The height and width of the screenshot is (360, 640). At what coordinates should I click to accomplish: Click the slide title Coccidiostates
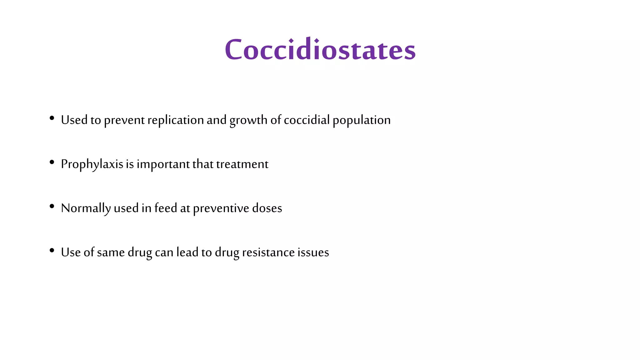pos(320,49)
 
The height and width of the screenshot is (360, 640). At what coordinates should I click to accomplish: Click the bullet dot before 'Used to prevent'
pos(52,118)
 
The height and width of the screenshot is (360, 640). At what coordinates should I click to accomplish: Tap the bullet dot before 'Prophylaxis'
pos(52,162)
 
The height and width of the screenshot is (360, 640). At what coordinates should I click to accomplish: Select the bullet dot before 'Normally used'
pos(52,206)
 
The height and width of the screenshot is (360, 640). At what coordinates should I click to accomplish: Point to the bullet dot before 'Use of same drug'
pos(52,250)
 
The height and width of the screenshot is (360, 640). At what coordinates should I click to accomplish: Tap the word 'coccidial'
pos(307,120)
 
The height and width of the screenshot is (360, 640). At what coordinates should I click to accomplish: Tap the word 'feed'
pos(166,208)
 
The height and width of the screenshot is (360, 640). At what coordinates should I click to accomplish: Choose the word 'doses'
pos(267,208)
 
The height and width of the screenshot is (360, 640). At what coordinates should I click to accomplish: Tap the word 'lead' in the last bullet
pos(187,252)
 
